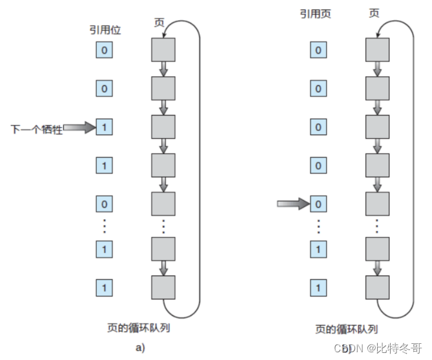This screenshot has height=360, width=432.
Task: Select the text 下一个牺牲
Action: click(37, 129)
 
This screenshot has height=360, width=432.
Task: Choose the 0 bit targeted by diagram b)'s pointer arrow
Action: click(317, 205)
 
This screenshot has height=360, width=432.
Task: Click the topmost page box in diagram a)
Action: click(163, 50)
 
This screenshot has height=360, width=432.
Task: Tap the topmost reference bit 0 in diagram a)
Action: click(104, 50)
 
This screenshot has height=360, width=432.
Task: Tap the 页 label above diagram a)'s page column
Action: click(158, 22)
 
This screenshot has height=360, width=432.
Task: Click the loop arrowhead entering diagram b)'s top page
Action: click(382, 29)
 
